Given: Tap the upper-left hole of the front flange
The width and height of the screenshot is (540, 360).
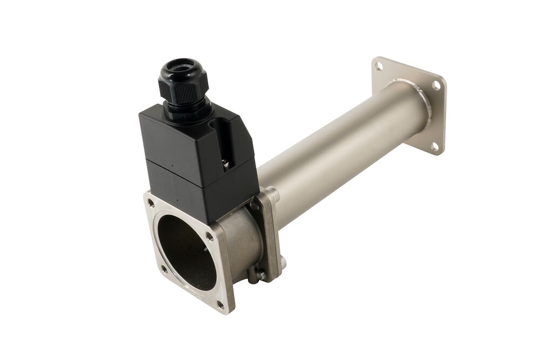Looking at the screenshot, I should coord(150,203).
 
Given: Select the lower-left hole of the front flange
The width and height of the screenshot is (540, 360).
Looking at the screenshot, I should coord(163,268).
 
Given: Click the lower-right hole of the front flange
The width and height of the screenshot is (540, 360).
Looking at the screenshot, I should coord(220,304).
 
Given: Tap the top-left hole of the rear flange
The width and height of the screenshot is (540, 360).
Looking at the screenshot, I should coord(379,66).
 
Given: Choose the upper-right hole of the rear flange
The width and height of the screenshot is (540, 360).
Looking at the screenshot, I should coord(435,86).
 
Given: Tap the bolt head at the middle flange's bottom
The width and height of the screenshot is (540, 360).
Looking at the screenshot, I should coord(261,275).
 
